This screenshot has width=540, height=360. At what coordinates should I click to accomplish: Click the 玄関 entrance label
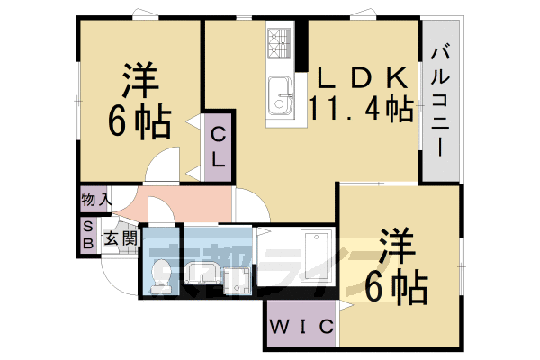(119, 238)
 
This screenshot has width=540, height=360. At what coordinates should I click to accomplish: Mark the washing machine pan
(234, 281)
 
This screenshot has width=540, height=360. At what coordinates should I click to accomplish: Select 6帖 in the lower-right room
(397, 288)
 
